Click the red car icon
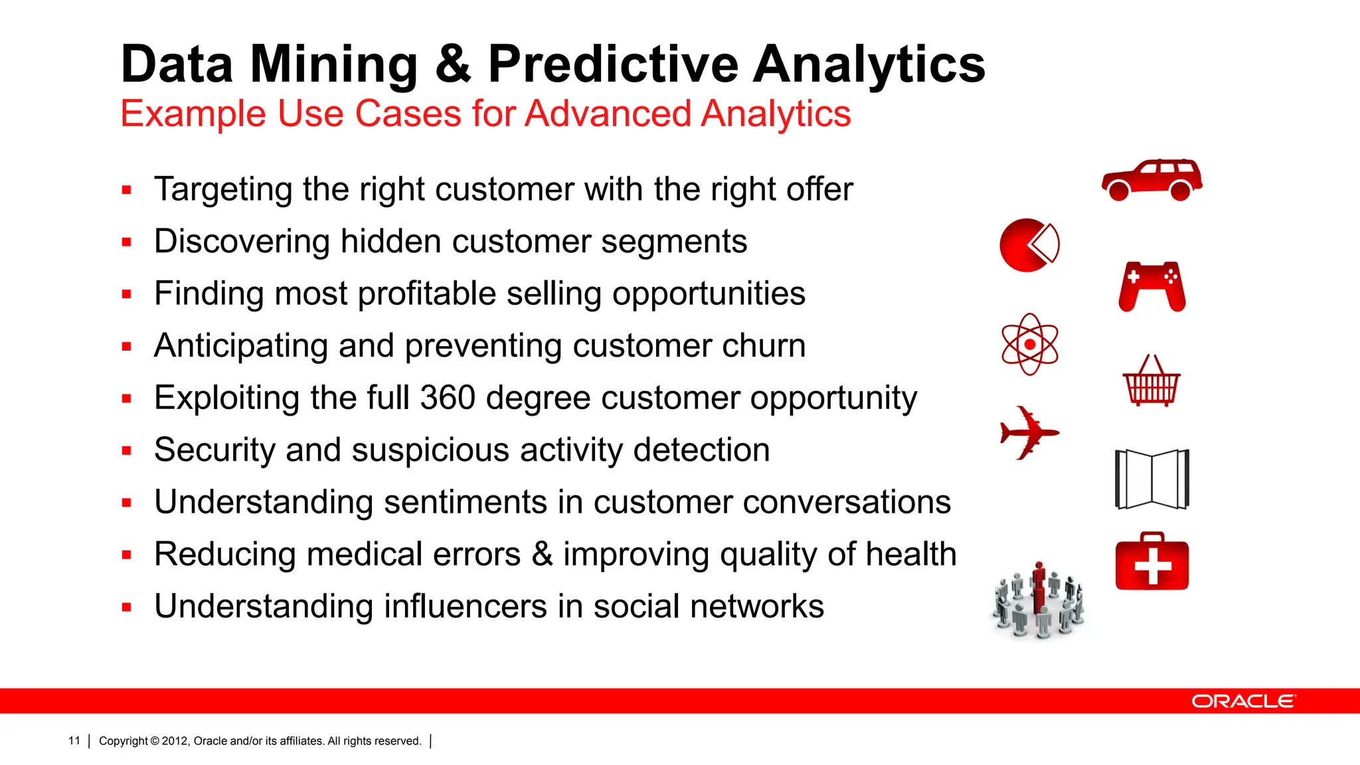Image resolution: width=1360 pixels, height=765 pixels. click(x=1152, y=180)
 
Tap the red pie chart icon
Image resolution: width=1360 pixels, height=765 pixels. click(x=1028, y=245)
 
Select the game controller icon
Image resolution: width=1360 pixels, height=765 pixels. click(x=1152, y=286)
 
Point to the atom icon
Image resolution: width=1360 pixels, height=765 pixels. click(x=1029, y=344)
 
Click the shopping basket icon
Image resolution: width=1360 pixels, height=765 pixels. click(x=1151, y=382)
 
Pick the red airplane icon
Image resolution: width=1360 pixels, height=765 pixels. click(x=1028, y=433)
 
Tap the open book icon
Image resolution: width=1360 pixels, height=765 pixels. click(x=1152, y=479)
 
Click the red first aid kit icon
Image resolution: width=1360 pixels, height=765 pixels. click(x=1152, y=562)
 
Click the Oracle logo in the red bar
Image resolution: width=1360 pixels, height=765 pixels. click(x=1243, y=701)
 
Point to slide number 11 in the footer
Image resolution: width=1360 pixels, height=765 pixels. click(x=74, y=740)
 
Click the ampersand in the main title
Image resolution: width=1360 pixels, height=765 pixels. click(x=453, y=64)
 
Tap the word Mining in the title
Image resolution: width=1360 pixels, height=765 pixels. click(x=333, y=64)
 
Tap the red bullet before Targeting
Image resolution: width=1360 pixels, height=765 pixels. click(x=127, y=191)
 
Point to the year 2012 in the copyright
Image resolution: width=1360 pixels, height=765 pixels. click(x=175, y=741)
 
